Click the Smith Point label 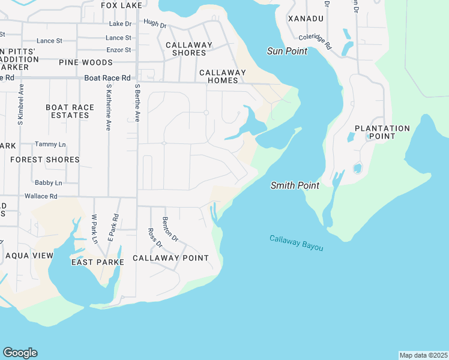[x=294, y=186]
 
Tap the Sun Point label [x=287, y=52]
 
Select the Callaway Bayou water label [x=296, y=243]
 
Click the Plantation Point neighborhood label [x=382, y=132]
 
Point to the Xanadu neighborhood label [x=306, y=19]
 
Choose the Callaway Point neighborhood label [x=170, y=258]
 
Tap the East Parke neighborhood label [x=97, y=262]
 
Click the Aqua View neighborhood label [x=29, y=256]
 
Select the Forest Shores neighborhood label [x=45, y=160]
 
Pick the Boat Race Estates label [x=70, y=111]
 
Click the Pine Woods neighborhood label [x=86, y=62]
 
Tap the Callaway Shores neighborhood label [x=189, y=49]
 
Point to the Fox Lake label [x=122, y=5]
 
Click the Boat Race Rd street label [x=107, y=78]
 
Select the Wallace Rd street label [x=41, y=196]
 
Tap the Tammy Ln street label [x=48, y=144]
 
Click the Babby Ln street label [x=48, y=182]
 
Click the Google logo [x=20, y=353]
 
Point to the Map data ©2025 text [x=423, y=355]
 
